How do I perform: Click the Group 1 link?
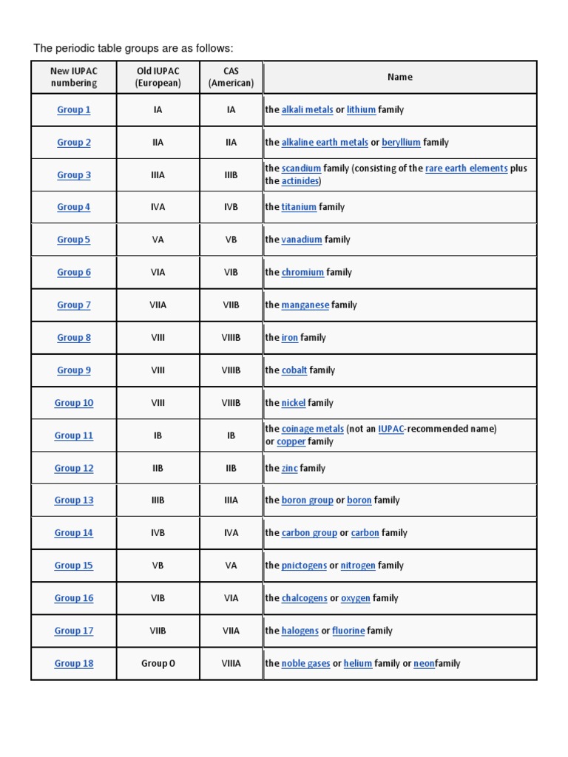[x=74, y=110]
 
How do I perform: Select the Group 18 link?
[x=74, y=664]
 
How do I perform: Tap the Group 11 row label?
[x=74, y=435]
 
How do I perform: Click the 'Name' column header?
[x=399, y=77]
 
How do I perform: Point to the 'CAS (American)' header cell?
[x=231, y=77]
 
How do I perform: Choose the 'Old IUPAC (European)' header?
[x=158, y=77]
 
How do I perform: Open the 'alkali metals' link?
[x=307, y=110]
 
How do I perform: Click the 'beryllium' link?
[x=401, y=143]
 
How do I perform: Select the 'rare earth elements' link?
[x=466, y=169]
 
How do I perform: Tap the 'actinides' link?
[x=300, y=181]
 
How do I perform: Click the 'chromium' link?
[x=302, y=273]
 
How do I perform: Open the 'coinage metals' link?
[x=312, y=429]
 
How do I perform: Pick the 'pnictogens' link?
[x=304, y=566]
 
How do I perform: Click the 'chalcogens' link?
[x=304, y=598]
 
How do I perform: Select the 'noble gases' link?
[x=305, y=664]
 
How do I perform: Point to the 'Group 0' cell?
[x=158, y=664]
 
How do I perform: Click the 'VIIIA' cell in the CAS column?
[x=231, y=664]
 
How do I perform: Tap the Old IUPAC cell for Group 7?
[x=158, y=305]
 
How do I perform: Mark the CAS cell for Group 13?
[x=231, y=500]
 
